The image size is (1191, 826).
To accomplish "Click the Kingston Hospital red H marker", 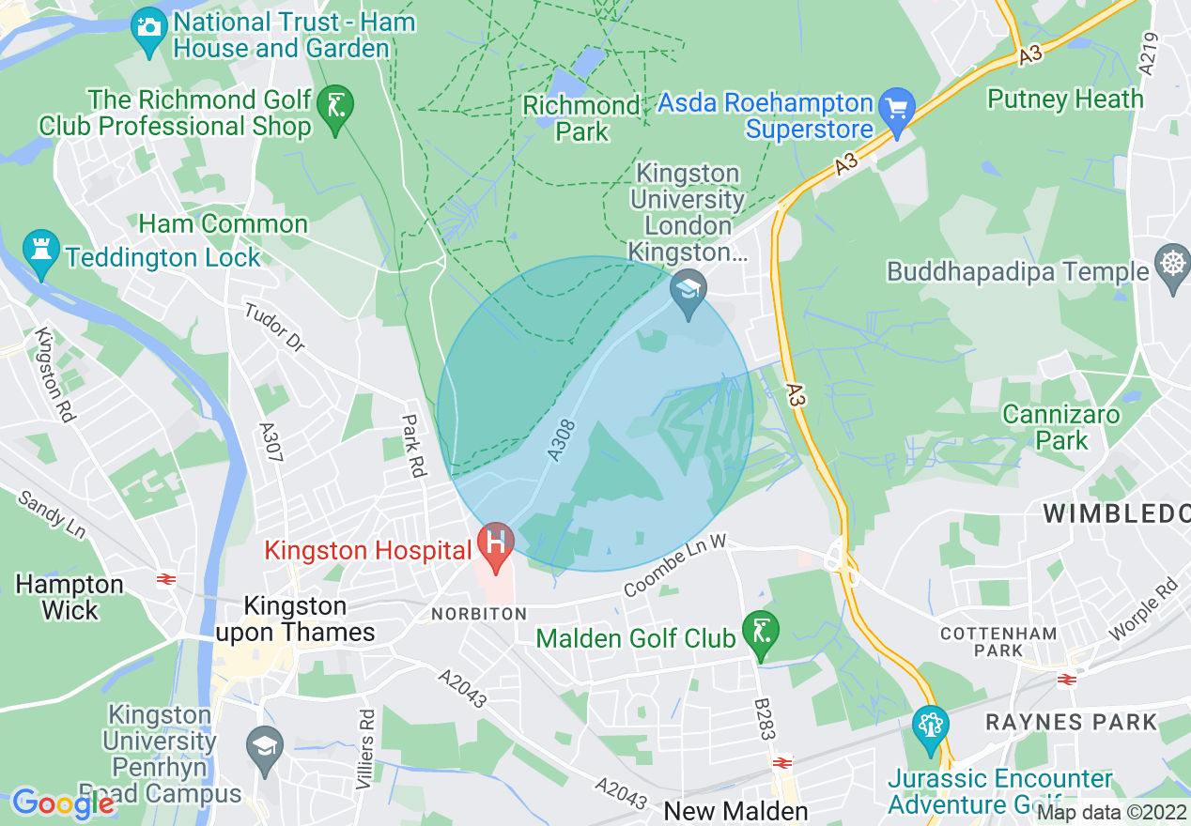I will click(x=495, y=543).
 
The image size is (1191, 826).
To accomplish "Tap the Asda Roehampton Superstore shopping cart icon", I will click(x=898, y=103).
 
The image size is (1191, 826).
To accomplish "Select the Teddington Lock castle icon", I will click(x=40, y=251).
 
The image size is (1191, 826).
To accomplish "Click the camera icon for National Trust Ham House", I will click(x=148, y=24).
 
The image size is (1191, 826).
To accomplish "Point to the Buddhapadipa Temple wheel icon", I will click(x=1172, y=262).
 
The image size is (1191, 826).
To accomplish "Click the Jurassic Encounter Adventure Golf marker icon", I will click(x=931, y=726).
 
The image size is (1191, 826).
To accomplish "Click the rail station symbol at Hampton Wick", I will click(x=167, y=579).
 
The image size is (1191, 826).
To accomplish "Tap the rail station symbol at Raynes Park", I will click(x=1066, y=680).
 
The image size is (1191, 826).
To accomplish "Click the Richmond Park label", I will click(x=582, y=118).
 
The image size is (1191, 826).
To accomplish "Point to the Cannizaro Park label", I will click(x=1061, y=427).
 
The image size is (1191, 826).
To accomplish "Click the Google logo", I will click(x=63, y=803).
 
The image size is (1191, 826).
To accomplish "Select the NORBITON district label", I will click(x=479, y=614).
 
